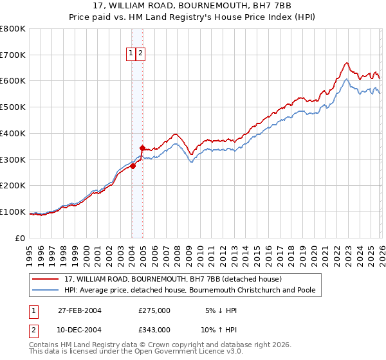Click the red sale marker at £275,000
pyautogui.click(x=133, y=166)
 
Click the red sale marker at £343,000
pyautogui.click(x=142, y=148)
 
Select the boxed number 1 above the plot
pyautogui.click(x=131, y=54)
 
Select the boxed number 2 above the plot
pyautogui.click(x=140, y=54)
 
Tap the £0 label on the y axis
pyautogui.click(x=21, y=238)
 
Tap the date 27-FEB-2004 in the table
pyautogui.click(x=79, y=310)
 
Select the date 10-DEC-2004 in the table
pyautogui.click(x=79, y=329)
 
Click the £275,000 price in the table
pyautogui.click(x=154, y=310)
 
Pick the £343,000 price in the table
pyautogui.click(x=154, y=329)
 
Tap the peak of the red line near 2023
pyautogui.click(x=346, y=63)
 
